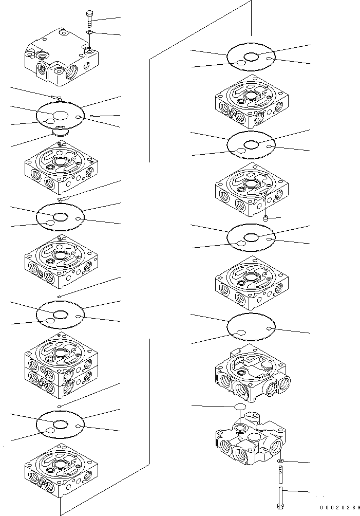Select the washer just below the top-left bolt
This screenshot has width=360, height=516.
click(x=89, y=32)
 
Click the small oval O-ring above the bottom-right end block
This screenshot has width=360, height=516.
click(x=239, y=407)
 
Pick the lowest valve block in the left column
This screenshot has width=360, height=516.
click(x=61, y=470)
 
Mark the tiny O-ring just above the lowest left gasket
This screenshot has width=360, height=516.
click(x=60, y=406)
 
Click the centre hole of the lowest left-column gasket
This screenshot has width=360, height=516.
click(x=61, y=424)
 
